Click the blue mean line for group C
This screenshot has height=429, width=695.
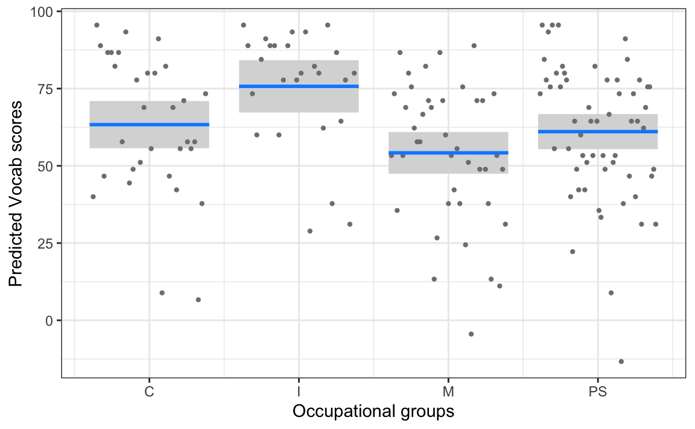click(x=149, y=124)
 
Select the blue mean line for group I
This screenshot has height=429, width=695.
click(x=299, y=86)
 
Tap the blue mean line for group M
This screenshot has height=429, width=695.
click(x=448, y=153)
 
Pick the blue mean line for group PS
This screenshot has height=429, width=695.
click(x=598, y=131)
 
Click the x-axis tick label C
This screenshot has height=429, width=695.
click(x=149, y=392)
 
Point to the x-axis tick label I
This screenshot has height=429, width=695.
click(x=299, y=392)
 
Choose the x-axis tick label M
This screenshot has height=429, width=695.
click(x=448, y=392)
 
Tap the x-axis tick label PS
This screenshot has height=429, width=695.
click(x=598, y=392)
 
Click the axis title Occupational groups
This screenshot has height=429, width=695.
click(x=373, y=412)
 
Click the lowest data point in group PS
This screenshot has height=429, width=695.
click(x=621, y=361)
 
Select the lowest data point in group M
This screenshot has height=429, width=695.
click(x=471, y=334)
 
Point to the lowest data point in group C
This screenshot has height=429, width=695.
click(x=198, y=299)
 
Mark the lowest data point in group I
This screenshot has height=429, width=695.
click(x=309, y=231)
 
